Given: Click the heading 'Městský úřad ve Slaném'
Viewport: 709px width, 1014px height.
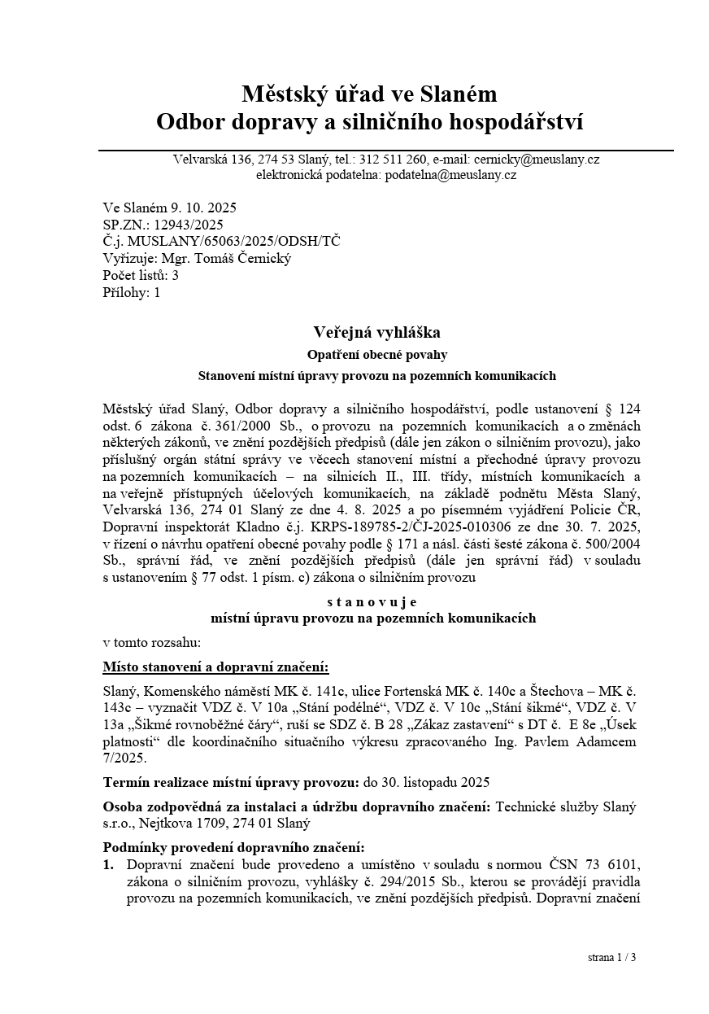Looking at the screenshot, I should (x=368, y=94).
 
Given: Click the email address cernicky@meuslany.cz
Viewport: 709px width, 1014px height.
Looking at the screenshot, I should (x=545, y=160).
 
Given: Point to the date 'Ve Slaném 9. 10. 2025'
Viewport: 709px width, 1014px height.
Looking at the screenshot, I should (x=170, y=208).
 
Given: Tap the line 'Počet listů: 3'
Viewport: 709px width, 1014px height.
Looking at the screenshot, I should (x=141, y=276).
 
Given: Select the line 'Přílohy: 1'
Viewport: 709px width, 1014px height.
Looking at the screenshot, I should (x=132, y=293).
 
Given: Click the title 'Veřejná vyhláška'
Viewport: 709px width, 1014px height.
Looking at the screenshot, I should (x=376, y=332).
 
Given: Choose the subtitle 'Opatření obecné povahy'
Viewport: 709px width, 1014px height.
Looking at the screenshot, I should (x=376, y=355).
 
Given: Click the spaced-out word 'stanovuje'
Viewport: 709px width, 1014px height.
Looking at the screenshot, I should (x=372, y=602).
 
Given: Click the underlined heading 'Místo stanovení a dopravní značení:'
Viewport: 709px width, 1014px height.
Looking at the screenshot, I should (x=215, y=667).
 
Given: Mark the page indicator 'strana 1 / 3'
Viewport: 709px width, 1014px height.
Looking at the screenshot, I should (x=611, y=958).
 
